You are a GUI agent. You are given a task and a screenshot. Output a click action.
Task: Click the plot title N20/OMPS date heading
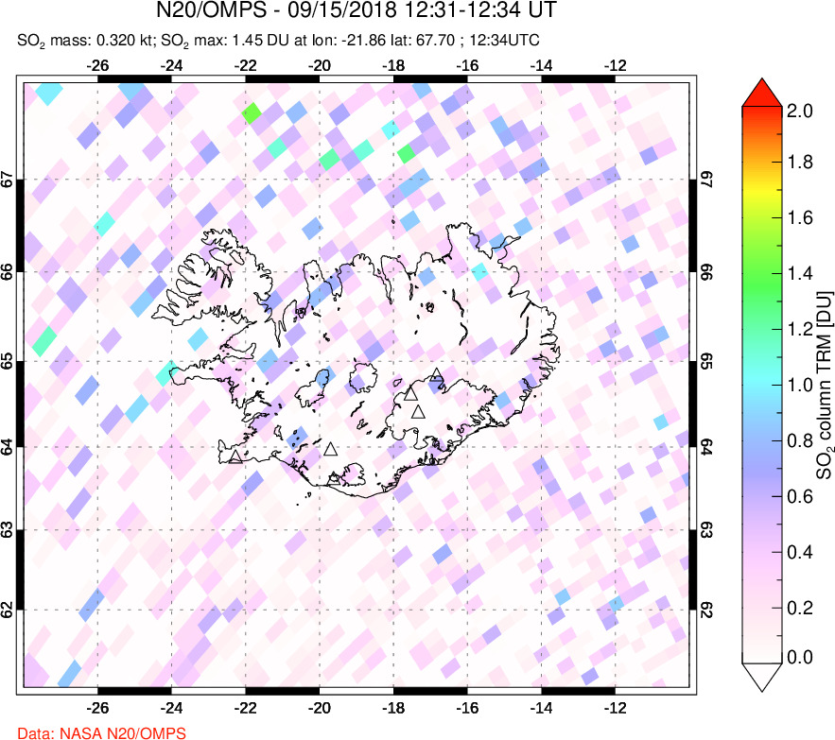click(357, 12)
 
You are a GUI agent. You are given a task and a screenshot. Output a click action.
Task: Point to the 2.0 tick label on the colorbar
click(800, 110)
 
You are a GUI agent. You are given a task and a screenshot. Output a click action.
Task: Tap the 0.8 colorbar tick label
click(800, 439)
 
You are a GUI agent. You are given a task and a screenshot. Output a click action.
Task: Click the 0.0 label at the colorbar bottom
click(800, 657)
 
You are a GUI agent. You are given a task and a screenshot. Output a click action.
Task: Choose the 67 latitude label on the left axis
click(8, 180)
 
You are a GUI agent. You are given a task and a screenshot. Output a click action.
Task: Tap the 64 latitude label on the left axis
click(8, 446)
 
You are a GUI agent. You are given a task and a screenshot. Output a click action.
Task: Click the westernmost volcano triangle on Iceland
click(235, 457)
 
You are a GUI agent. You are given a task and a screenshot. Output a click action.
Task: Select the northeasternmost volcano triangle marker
click(435, 375)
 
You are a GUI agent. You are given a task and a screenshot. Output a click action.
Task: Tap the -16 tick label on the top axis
click(467, 66)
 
